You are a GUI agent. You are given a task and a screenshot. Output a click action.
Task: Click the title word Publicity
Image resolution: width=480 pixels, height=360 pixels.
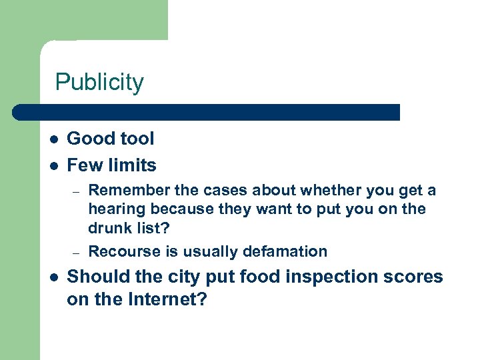(99, 83)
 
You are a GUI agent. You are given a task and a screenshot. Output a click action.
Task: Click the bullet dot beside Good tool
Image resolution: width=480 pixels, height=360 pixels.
(53, 139)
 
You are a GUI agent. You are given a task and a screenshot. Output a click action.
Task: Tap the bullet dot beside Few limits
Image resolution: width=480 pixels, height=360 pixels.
(53, 166)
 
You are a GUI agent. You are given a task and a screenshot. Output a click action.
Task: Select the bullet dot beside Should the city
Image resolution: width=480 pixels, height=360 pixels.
(53, 277)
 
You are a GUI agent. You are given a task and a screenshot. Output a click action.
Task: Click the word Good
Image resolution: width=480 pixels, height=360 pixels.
(89, 139)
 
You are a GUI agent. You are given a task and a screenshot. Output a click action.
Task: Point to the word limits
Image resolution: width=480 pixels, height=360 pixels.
(134, 165)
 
